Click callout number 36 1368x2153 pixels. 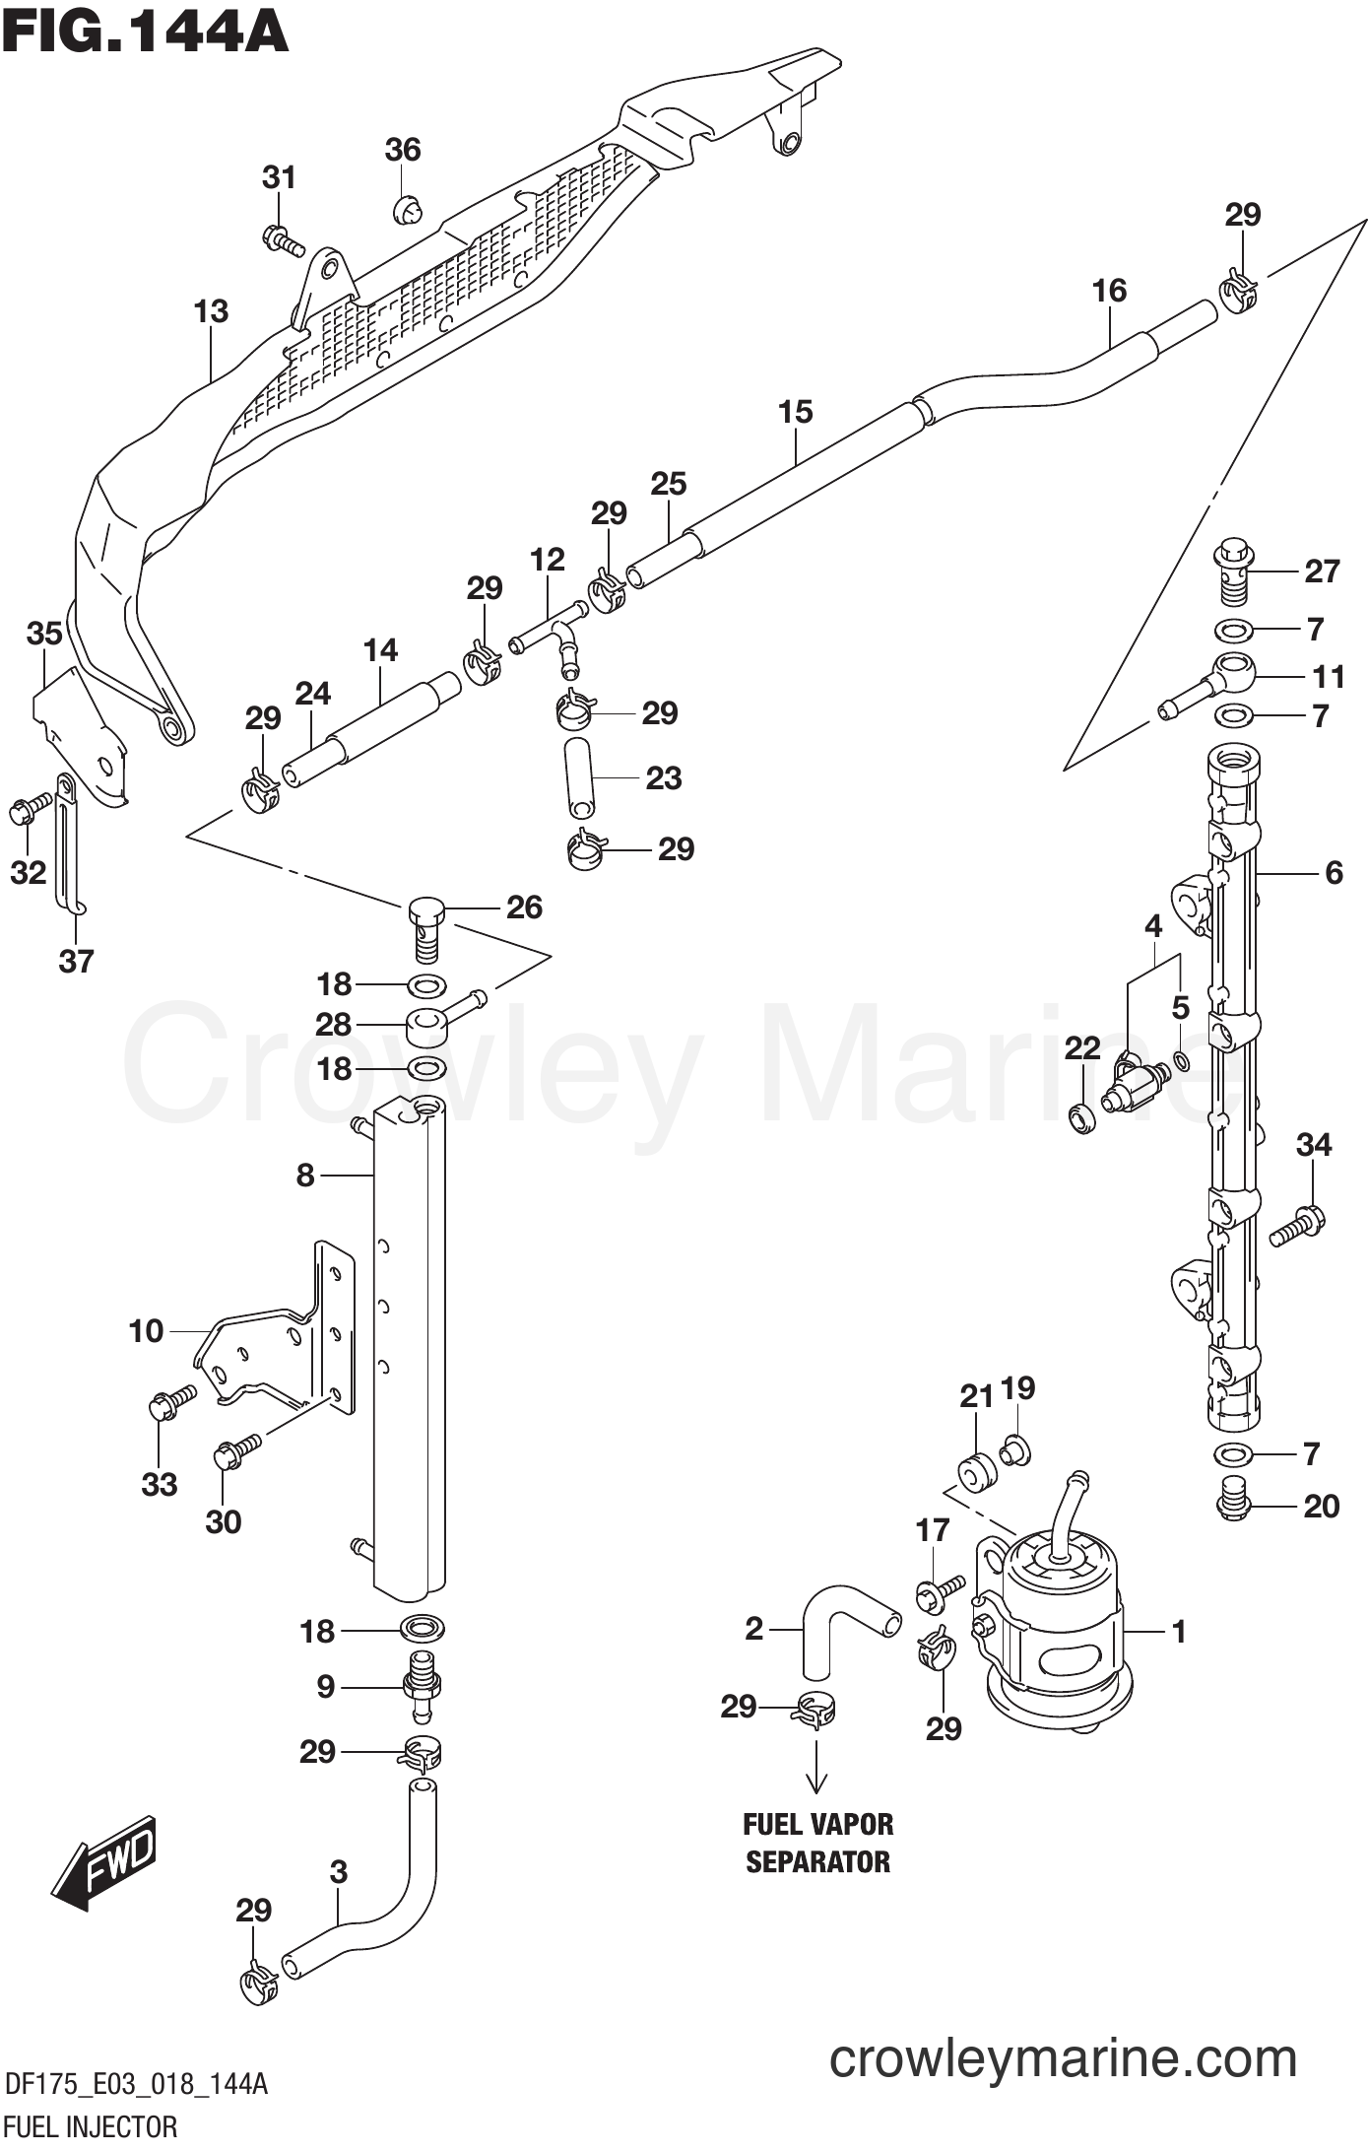(403, 150)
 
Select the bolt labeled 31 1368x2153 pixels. (283, 239)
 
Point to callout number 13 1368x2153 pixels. (211, 311)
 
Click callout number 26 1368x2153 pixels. (524, 908)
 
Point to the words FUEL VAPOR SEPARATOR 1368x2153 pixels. (817, 1843)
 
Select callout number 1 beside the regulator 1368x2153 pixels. (1179, 1632)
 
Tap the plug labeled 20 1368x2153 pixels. (1232, 1504)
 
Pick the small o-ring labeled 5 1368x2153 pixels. (1181, 1061)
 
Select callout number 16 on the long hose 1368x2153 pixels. (1109, 291)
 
